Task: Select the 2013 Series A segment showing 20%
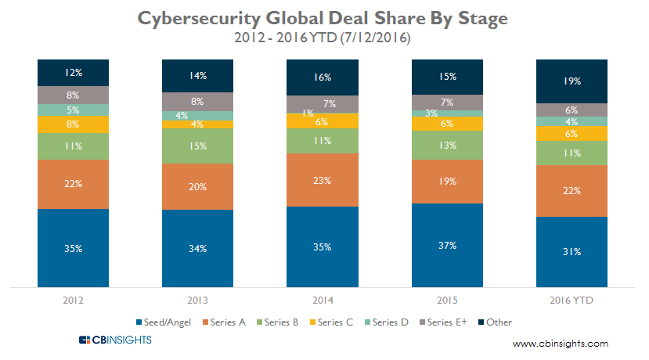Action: pyautogui.click(x=197, y=186)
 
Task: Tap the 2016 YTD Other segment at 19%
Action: pyautogui.click(x=571, y=81)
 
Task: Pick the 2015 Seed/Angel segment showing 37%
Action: pyautogui.click(x=447, y=245)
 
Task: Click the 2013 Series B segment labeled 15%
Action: pyautogui.click(x=197, y=146)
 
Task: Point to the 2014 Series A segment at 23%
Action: pyautogui.click(x=323, y=180)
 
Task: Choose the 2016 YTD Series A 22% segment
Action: pyautogui.click(x=571, y=191)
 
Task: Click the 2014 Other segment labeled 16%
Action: pyautogui.click(x=323, y=77)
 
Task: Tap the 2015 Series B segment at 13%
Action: pyautogui.click(x=447, y=145)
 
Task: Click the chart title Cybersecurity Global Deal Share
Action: pyautogui.click(x=324, y=18)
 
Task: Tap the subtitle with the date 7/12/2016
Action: pyautogui.click(x=324, y=38)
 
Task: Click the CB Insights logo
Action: pyautogui.click(x=115, y=340)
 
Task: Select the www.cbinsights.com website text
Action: pyautogui.click(x=560, y=344)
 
